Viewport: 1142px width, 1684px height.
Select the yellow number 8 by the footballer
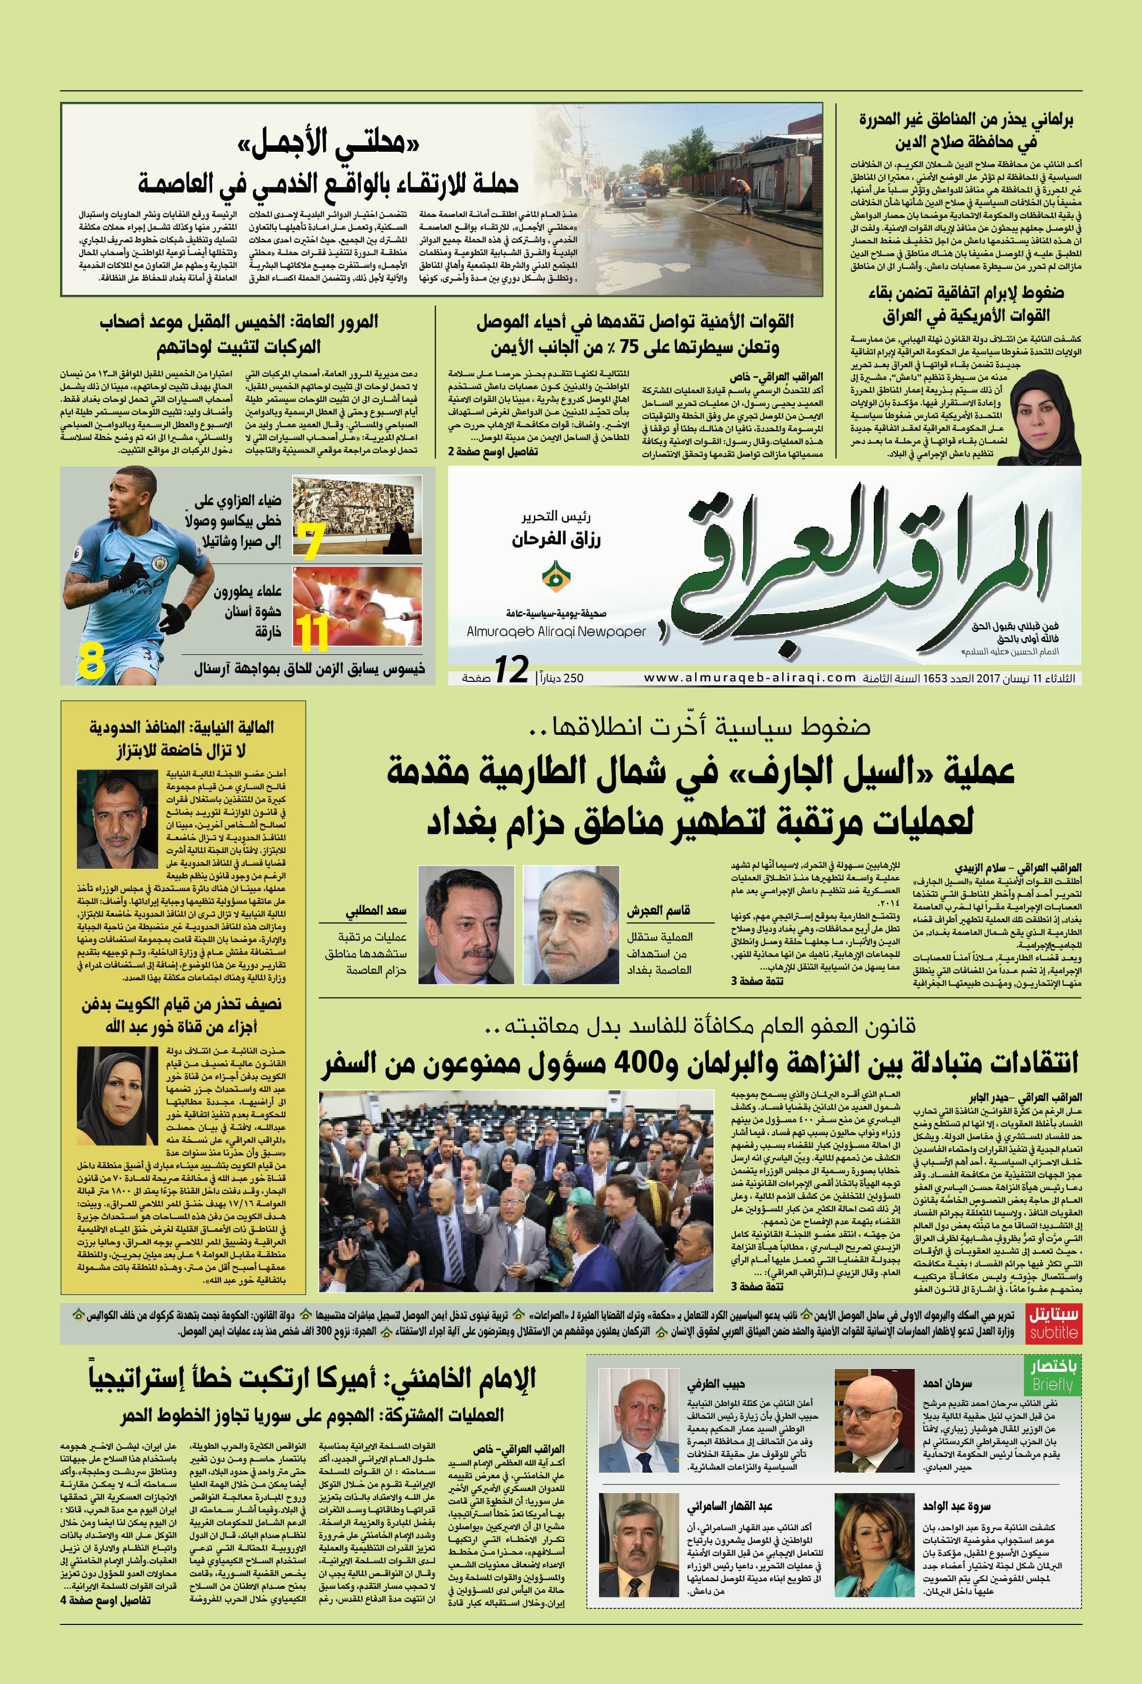[92, 661]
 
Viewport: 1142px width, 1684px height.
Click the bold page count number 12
[511, 670]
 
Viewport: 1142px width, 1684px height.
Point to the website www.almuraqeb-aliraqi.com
[750, 677]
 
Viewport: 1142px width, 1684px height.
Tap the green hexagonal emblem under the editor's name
[555, 577]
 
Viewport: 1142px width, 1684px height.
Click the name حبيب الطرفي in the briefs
[716, 1384]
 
